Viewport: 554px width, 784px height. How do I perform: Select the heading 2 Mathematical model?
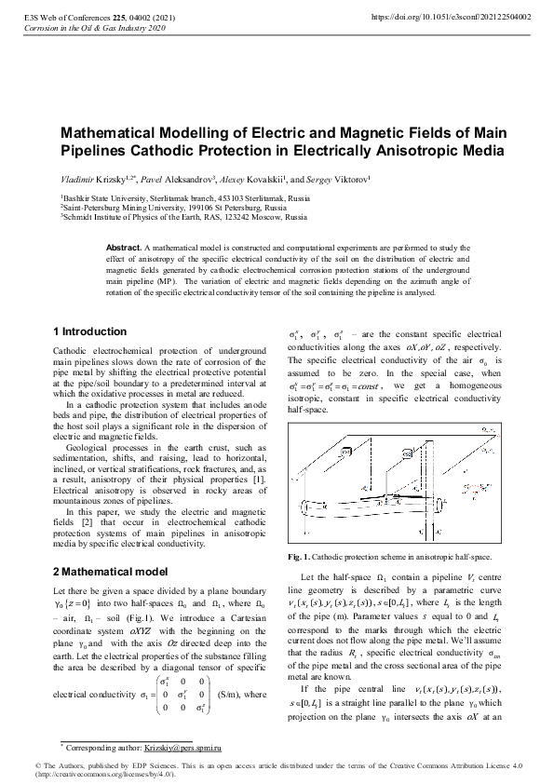[110, 570]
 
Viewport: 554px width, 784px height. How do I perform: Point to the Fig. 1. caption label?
[302, 556]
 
